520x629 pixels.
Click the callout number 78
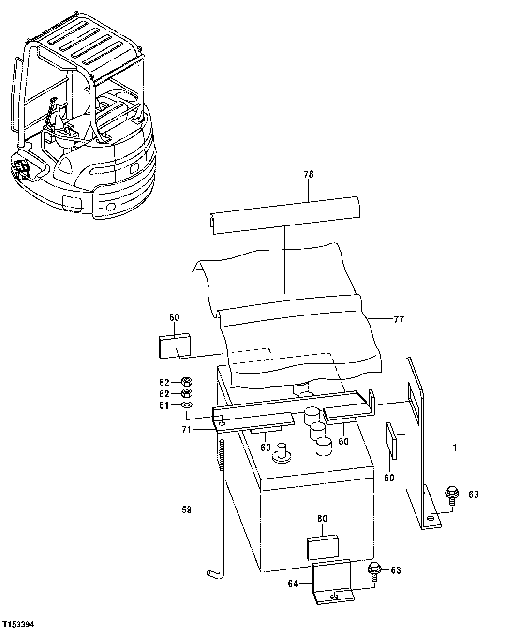309,174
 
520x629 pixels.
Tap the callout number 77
399,319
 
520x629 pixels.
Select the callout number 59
186,509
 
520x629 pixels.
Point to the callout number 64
293,584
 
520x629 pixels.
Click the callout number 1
454,448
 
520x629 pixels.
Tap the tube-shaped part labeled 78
285,214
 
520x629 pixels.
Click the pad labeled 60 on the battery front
323,546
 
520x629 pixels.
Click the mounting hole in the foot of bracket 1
430,519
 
